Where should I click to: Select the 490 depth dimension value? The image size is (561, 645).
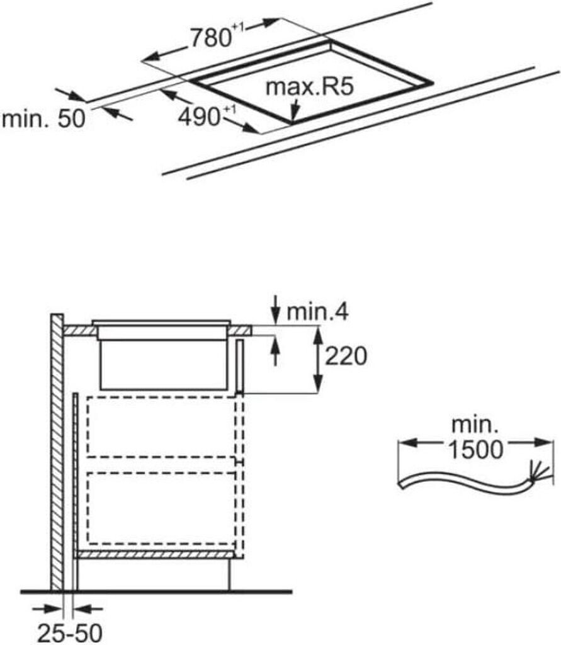[x=198, y=117]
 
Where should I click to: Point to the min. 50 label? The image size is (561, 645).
[x=43, y=119]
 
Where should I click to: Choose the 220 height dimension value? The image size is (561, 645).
[x=345, y=358]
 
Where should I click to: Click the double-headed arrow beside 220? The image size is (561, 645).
[x=318, y=359]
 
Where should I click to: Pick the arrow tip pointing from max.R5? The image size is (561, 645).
[x=293, y=118]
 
